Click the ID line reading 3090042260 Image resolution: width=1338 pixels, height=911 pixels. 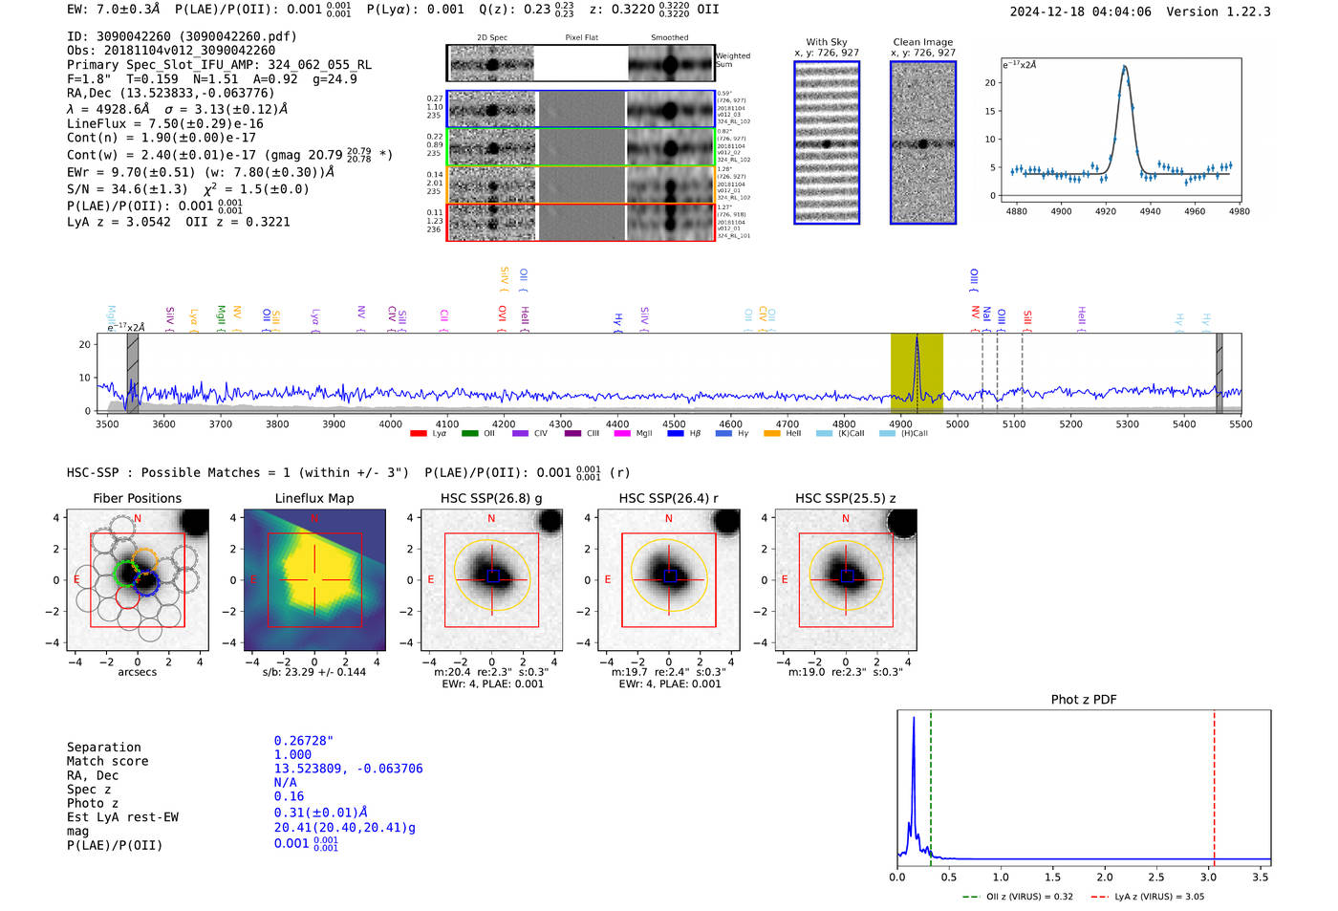pos(182,36)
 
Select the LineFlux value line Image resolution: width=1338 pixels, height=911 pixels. pos(164,123)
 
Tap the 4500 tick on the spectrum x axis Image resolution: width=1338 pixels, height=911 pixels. pos(674,423)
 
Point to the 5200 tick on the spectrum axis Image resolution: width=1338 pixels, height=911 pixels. pos(1070,423)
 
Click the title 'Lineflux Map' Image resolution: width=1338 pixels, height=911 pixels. pos(314,498)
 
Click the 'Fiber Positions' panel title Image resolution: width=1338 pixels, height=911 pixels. pos(137,498)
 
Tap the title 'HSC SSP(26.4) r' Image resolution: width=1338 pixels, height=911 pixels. pos(668,498)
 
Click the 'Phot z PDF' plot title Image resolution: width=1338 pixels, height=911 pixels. pos(1084,700)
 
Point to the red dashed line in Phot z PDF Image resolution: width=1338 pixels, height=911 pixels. pos(1214,784)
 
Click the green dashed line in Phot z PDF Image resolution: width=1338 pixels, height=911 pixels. pos(930,784)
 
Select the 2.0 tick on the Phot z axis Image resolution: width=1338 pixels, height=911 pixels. pos(1105,877)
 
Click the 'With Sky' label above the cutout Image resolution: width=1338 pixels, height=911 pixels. pos(827,42)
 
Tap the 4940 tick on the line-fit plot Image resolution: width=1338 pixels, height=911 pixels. pos(1150,211)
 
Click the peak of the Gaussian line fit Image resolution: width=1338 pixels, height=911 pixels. pos(1125,67)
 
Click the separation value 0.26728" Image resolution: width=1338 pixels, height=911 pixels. pos(303,741)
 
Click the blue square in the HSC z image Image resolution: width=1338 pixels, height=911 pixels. pos(846,576)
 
